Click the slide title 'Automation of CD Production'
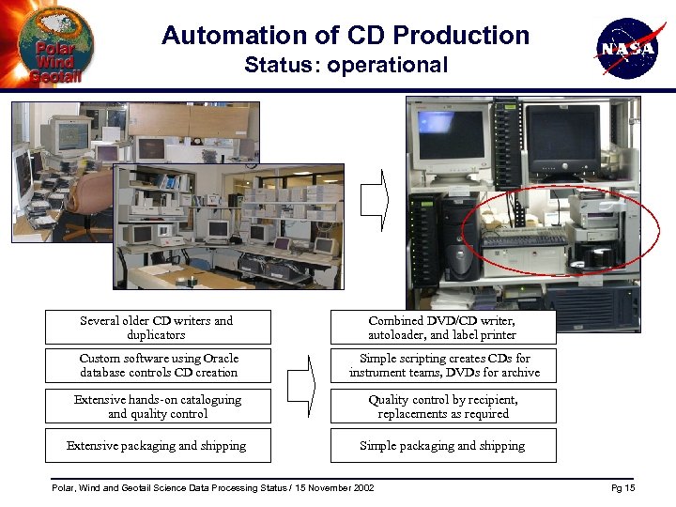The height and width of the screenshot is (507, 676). tap(346, 36)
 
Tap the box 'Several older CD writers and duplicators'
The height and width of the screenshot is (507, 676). tap(157, 328)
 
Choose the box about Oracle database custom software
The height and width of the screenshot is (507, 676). tap(157, 365)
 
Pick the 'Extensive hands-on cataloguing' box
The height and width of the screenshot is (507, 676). tap(157, 407)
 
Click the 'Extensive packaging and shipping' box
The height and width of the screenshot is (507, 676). tap(157, 446)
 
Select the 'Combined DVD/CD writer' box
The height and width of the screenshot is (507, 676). tap(442, 328)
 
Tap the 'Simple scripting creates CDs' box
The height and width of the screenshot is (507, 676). tap(442, 365)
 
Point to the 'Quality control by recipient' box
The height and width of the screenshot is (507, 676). tap(442, 407)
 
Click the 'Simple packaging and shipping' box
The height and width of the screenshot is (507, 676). tap(442, 446)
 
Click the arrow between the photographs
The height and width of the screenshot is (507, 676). tap(374, 199)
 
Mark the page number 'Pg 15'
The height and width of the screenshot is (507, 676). tap(622, 488)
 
